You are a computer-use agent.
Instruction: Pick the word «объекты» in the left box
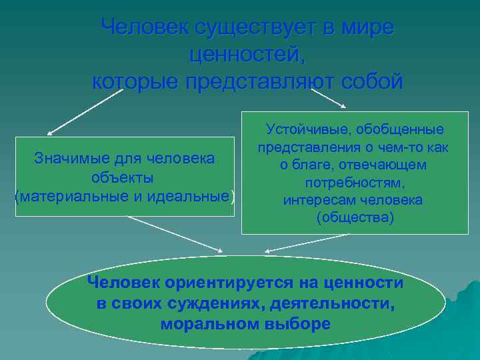pos(123,178)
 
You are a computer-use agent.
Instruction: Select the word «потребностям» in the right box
pos(355,183)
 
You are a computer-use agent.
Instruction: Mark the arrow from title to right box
pos(329,98)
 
